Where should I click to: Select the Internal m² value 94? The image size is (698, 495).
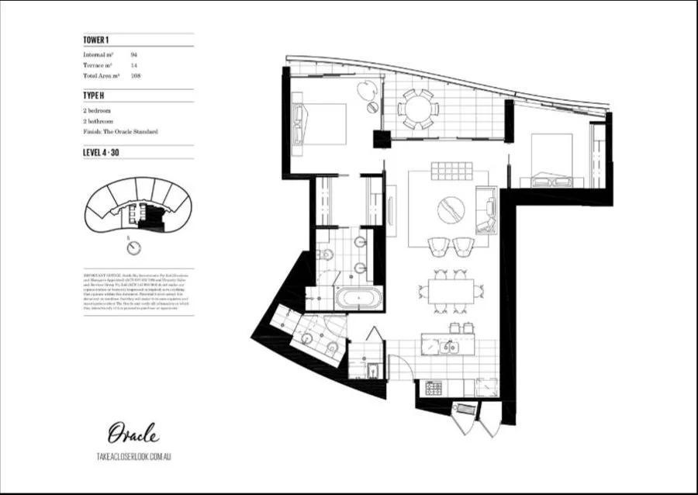134,55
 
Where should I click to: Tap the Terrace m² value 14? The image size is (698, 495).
134,66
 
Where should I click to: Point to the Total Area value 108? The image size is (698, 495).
135,77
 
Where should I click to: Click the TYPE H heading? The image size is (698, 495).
95,96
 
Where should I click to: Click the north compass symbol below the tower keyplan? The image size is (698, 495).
135,247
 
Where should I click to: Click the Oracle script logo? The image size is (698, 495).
133,432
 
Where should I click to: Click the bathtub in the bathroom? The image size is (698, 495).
357,298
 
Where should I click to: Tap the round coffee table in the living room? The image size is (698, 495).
451,209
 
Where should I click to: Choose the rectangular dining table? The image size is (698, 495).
450,292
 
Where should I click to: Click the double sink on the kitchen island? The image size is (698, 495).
448,347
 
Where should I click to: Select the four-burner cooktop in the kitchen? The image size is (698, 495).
431,386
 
